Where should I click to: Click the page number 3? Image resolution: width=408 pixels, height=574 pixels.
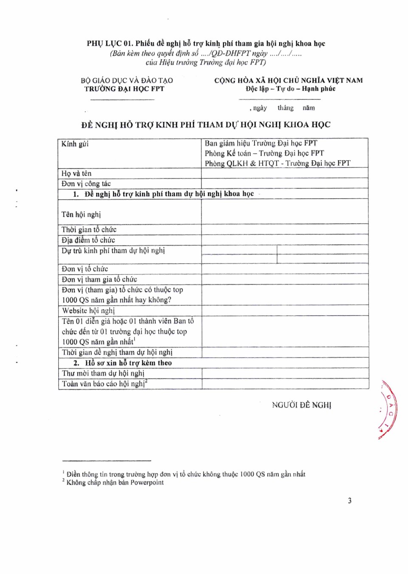click(x=349, y=500)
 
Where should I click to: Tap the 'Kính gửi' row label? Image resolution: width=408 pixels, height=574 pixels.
click(x=75, y=144)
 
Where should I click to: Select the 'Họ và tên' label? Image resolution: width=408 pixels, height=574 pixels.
click(x=76, y=173)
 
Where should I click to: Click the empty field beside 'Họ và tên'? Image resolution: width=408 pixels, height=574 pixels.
click(x=284, y=173)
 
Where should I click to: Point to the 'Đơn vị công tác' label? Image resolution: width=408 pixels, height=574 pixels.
click(x=86, y=184)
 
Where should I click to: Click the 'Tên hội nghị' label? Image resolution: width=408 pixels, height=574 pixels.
click(x=81, y=214)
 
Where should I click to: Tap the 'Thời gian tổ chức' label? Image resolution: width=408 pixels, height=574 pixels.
click(x=89, y=230)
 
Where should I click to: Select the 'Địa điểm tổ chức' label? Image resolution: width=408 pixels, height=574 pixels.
click(x=88, y=240)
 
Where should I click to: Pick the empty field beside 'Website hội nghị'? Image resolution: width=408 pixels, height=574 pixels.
click(x=285, y=310)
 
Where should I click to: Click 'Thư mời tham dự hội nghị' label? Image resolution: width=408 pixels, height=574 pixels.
click(x=103, y=373)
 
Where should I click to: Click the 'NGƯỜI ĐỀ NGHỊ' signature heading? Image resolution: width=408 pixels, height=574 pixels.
click(x=301, y=405)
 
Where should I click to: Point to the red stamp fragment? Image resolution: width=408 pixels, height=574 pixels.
click(x=389, y=409)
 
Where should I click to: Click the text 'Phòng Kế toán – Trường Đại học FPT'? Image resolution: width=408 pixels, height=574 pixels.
click(x=264, y=153)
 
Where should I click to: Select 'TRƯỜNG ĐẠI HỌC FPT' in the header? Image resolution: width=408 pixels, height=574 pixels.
click(x=124, y=89)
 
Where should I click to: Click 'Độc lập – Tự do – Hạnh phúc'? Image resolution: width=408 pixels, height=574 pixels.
click(x=290, y=89)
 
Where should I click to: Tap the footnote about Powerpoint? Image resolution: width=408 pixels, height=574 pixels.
click(x=115, y=483)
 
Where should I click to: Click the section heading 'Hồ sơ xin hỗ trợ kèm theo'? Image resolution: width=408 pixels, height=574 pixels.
click(x=128, y=363)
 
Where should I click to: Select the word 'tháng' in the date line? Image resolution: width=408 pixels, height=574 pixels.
click(x=286, y=108)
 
